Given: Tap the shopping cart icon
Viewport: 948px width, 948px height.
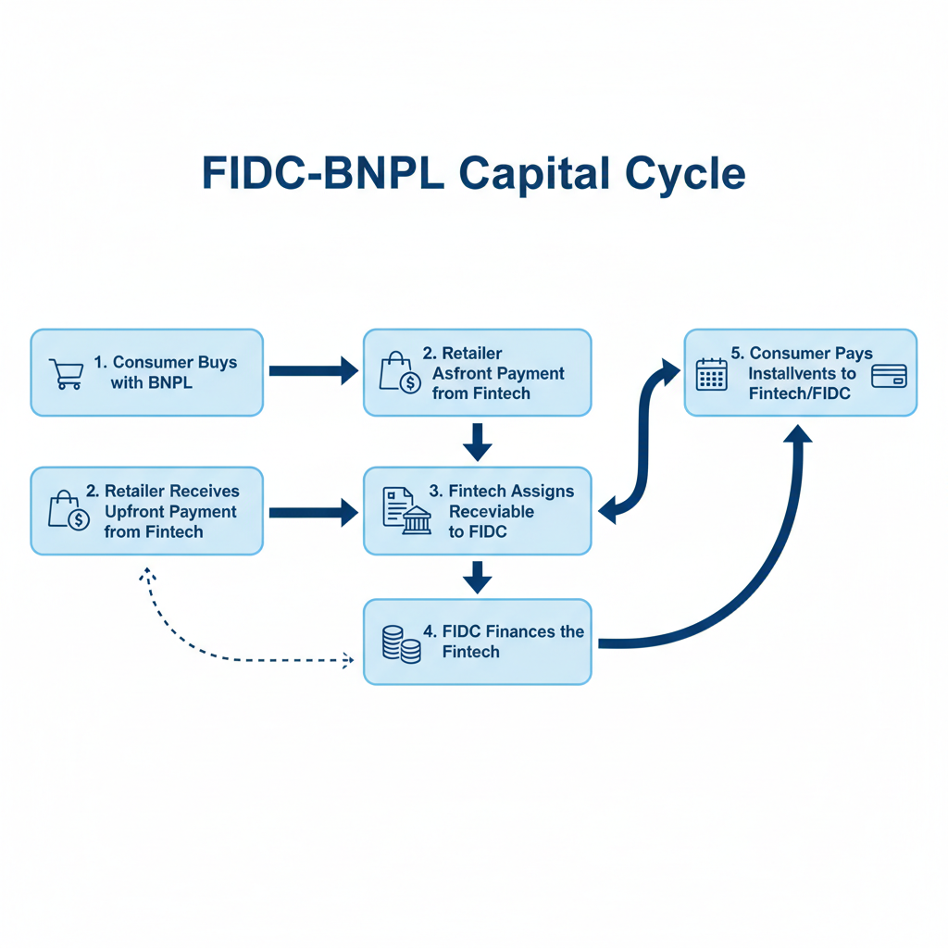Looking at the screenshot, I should click(64, 373).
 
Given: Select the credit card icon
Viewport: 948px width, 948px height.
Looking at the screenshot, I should click(889, 376).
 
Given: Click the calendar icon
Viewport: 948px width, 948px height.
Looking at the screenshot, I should click(711, 374).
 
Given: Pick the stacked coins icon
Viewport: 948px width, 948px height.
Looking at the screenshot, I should click(401, 643).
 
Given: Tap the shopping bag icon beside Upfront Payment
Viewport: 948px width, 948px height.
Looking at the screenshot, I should click(69, 510).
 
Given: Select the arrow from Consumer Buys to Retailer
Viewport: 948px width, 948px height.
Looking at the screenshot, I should click(313, 371).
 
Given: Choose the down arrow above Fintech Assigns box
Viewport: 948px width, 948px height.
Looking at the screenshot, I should click(477, 442).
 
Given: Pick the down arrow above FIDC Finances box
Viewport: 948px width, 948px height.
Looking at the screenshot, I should click(477, 577).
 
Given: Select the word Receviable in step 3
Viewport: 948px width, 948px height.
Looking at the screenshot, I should click(492, 511).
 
